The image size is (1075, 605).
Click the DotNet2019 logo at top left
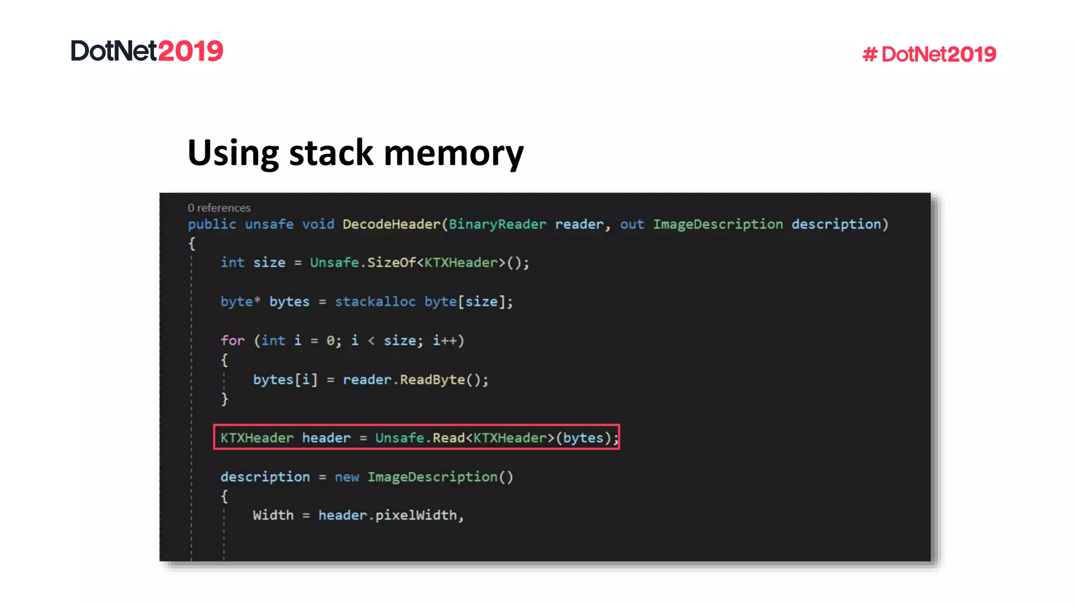tap(147, 51)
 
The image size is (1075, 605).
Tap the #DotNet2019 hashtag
tap(929, 54)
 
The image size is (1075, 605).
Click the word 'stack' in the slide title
tap(331, 153)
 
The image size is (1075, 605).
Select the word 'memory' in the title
tap(454, 153)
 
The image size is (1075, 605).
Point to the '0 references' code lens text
tap(219, 208)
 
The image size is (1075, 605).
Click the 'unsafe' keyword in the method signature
tap(269, 224)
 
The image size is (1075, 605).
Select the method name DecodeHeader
tap(392, 224)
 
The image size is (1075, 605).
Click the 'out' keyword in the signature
tap(631, 224)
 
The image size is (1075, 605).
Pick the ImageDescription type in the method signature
tap(718, 224)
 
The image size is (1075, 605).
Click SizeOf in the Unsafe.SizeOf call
tap(391, 263)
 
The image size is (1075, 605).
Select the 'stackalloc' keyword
tap(375, 301)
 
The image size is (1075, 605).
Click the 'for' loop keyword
tap(233, 340)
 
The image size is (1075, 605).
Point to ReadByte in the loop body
tap(433, 380)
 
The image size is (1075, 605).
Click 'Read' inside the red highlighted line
tap(449, 438)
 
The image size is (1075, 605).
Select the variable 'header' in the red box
tap(326, 438)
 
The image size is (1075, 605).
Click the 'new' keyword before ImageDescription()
tap(347, 477)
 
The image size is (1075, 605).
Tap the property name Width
tap(273, 515)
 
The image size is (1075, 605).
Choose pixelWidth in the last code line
tap(416, 515)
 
